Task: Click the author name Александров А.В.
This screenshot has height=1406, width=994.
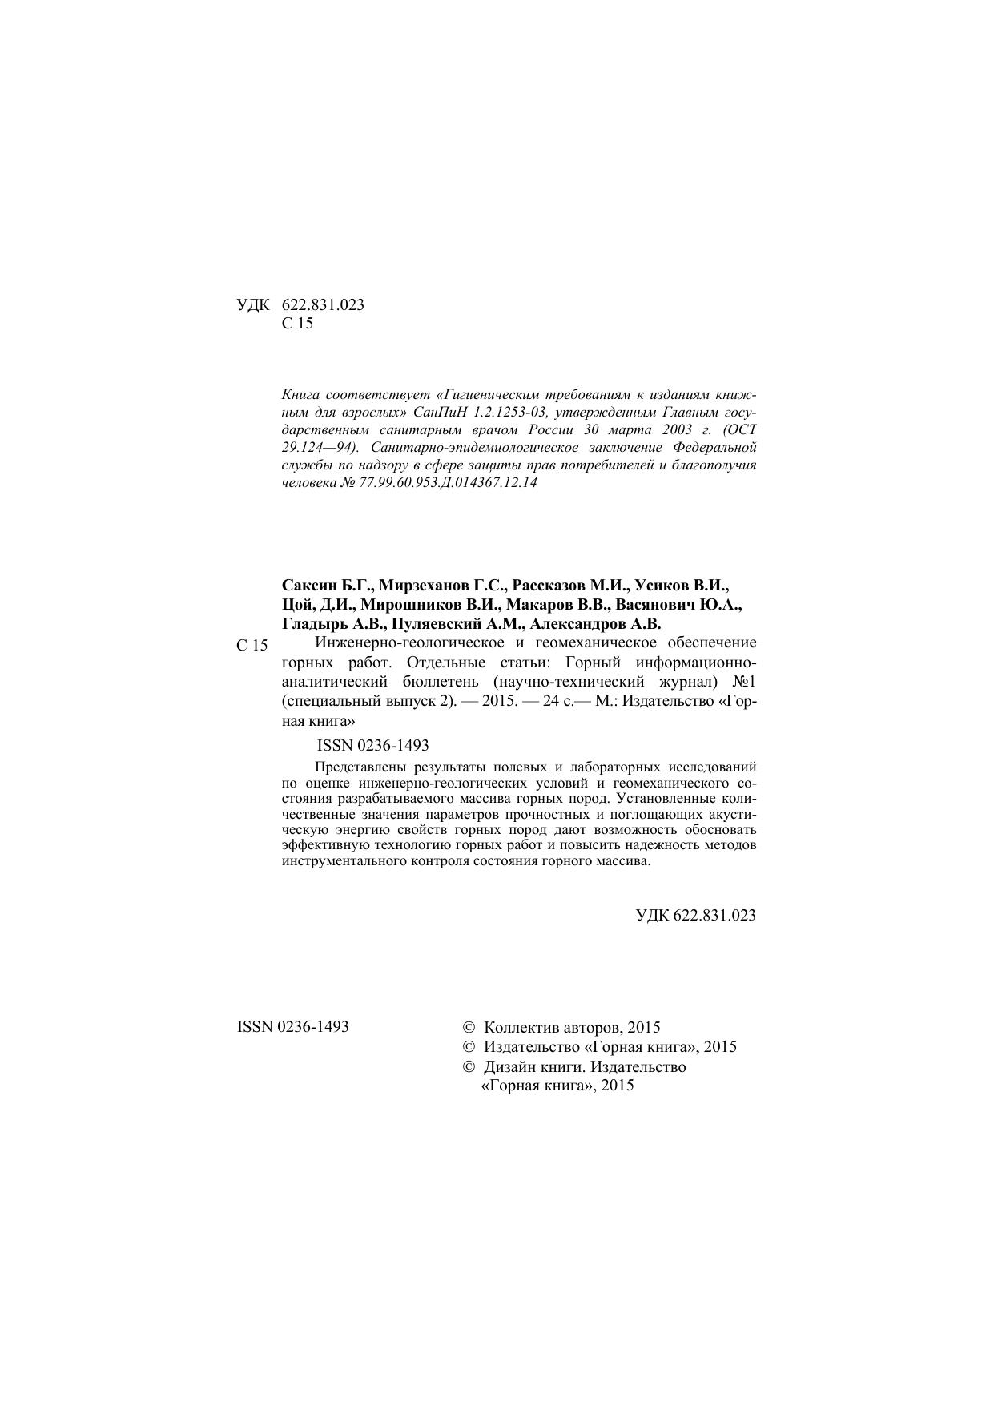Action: pyautogui.click(x=595, y=623)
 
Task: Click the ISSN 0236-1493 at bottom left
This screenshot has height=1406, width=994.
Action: pyautogui.click(x=293, y=1026)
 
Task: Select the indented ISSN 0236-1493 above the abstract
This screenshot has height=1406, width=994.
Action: pyautogui.click(x=372, y=745)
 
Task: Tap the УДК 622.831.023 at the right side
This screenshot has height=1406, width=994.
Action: pyautogui.click(x=695, y=916)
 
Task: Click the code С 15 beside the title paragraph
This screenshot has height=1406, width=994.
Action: pyautogui.click(x=252, y=646)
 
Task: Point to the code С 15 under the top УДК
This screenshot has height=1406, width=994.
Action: pyautogui.click(x=298, y=324)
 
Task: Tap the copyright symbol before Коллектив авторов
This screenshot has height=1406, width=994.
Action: pyautogui.click(x=469, y=1027)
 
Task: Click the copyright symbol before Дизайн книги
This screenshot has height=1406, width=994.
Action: pyautogui.click(x=469, y=1067)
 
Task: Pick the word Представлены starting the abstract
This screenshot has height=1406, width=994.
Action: pyautogui.click(x=359, y=767)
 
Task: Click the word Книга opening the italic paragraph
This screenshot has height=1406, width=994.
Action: pyautogui.click(x=301, y=395)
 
